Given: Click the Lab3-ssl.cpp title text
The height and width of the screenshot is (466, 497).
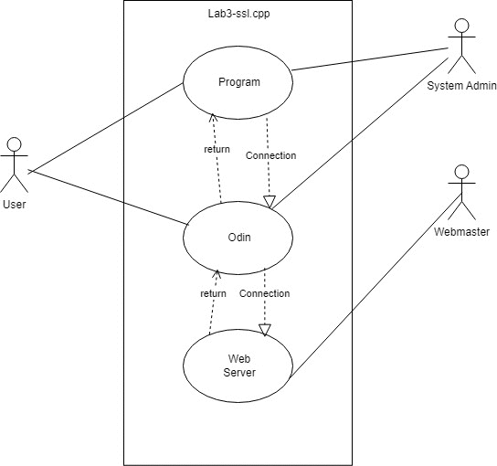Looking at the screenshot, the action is coord(239,14).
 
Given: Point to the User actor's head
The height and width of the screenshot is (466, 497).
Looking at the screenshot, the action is coord(15,143).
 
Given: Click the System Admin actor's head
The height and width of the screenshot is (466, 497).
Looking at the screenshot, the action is coord(461,25).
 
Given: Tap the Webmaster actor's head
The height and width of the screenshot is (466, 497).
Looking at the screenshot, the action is coord(461,171).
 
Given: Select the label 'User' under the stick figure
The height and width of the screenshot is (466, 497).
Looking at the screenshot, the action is coord(15,205).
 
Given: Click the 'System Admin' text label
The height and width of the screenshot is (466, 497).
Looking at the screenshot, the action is coord(461,86).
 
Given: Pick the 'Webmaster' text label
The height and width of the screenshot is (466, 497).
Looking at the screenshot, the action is coord(461,232).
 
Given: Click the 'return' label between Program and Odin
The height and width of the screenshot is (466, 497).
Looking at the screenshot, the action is coord(217,149).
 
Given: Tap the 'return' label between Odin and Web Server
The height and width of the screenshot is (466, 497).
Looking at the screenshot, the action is coord(213,293).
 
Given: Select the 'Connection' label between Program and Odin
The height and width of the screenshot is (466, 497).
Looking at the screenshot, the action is coord(271,155).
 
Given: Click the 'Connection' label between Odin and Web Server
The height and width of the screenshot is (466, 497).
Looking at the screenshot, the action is coord(265,293).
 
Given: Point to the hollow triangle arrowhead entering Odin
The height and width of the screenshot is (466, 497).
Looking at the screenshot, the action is coord(270,202).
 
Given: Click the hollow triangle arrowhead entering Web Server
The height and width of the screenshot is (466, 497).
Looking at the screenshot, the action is coord(265,330).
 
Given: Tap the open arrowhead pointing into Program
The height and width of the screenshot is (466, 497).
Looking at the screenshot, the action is coord(213,117).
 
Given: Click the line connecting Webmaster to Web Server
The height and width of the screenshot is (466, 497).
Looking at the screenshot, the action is coord(375,285).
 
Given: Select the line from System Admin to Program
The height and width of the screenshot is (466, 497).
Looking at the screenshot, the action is coord(370,59).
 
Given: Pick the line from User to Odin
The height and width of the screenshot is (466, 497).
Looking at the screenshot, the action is coord(109,197).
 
